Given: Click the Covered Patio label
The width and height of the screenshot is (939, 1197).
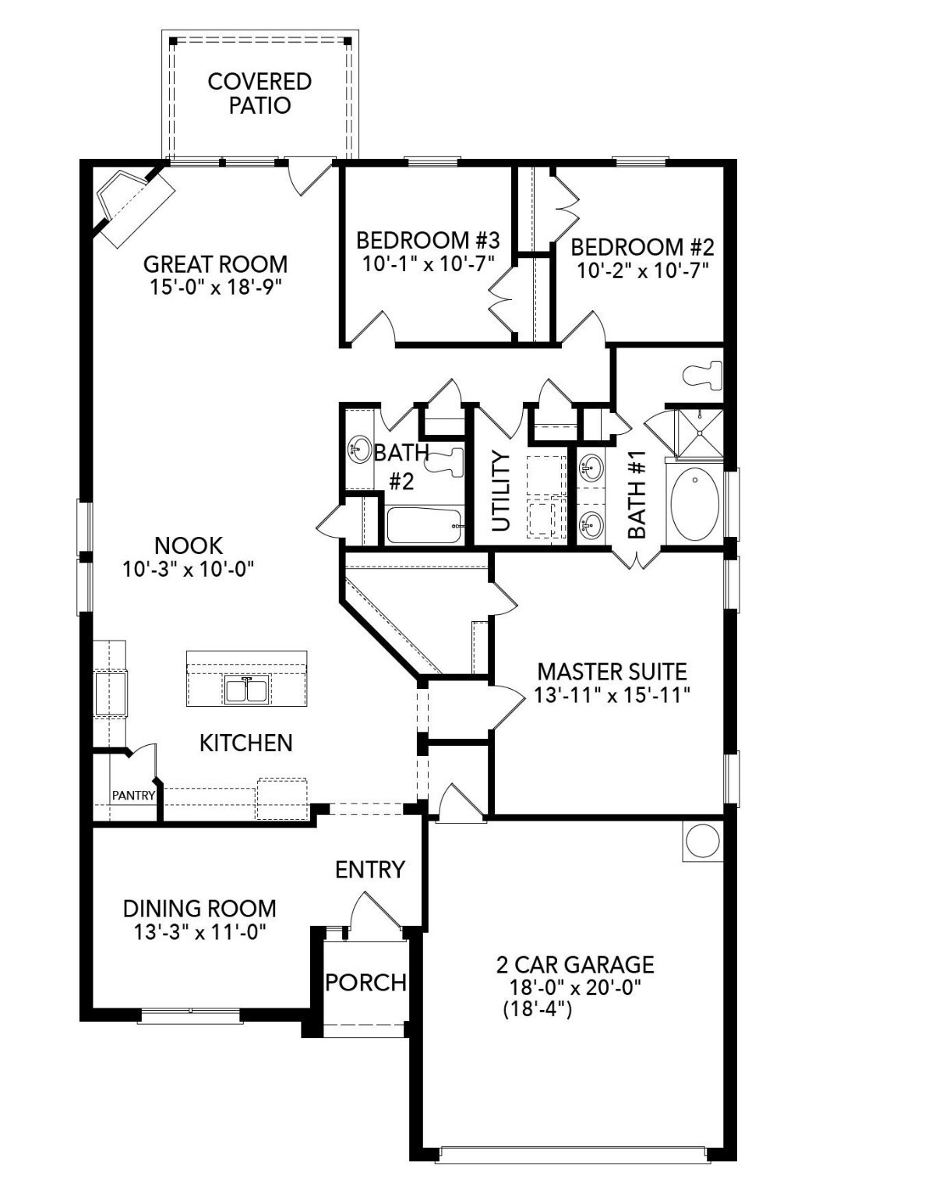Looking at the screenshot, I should (x=259, y=94).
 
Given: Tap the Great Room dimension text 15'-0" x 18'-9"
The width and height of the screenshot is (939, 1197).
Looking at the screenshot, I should (x=215, y=287).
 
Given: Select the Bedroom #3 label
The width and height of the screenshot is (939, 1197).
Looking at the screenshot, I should (x=428, y=239).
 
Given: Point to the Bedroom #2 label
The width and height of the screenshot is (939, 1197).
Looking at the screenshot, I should (x=642, y=247).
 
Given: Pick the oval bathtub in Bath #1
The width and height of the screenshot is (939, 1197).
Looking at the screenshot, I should (x=694, y=503).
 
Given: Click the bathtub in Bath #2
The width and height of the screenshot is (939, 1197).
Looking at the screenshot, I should (x=425, y=526).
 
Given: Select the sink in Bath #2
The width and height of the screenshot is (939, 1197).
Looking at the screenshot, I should (x=358, y=449).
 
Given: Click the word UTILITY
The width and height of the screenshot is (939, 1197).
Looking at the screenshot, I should (x=500, y=491).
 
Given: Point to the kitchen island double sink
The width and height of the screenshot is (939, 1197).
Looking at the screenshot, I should (x=246, y=690).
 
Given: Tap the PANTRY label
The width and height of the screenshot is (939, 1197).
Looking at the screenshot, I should (x=133, y=796).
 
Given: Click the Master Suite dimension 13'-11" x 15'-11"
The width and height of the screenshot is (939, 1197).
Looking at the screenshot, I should (x=612, y=694).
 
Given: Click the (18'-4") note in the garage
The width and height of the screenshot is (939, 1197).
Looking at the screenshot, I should (x=538, y=1010).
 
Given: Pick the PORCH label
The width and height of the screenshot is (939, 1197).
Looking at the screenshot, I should (x=365, y=982).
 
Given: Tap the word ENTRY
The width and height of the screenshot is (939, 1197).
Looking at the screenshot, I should (x=370, y=869).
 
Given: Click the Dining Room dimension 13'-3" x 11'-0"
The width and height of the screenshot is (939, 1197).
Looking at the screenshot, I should (x=199, y=932).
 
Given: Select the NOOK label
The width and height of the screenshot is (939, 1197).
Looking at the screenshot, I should (x=189, y=545).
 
